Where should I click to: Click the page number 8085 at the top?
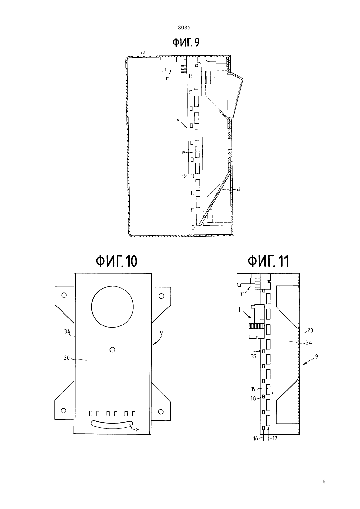point(184,28)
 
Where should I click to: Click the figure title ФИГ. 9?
point(186,43)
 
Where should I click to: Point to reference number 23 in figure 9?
point(142,52)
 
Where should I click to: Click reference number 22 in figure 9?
point(238,189)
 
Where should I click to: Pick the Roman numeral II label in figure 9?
point(167,79)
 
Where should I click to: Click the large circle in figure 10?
point(112,307)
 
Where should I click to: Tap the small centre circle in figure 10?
point(112,349)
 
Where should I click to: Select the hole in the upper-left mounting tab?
point(64,295)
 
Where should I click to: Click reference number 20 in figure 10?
point(67,358)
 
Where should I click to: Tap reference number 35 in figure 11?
point(253,356)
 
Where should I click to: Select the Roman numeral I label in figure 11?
point(239,310)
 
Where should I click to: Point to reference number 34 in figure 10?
point(67,331)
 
